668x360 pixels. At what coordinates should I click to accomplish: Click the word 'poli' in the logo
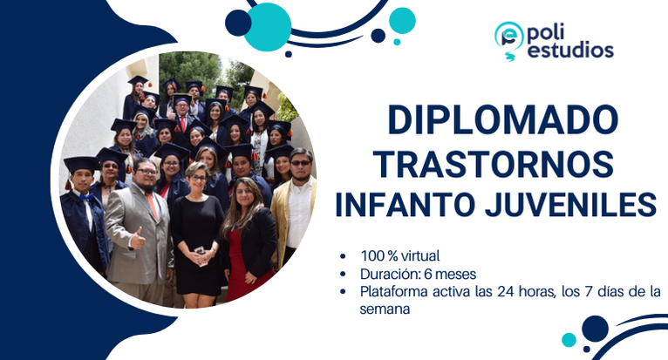pyautogui.click(x=550, y=32)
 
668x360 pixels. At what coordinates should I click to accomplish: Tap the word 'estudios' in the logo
pyautogui.click(x=570, y=51)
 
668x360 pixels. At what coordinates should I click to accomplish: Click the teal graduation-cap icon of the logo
pyautogui.click(x=508, y=37)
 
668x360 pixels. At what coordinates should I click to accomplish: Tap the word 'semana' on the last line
pyautogui.click(x=385, y=308)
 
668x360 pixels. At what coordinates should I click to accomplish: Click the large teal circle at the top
pyautogui.click(x=268, y=26)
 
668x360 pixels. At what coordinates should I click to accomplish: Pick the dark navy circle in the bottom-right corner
pyautogui.click(x=595, y=329)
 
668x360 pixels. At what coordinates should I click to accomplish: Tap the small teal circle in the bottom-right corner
pyautogui.click(x=569, y=340)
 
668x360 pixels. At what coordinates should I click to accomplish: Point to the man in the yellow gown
pyautogui.click(x=295, y=209)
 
